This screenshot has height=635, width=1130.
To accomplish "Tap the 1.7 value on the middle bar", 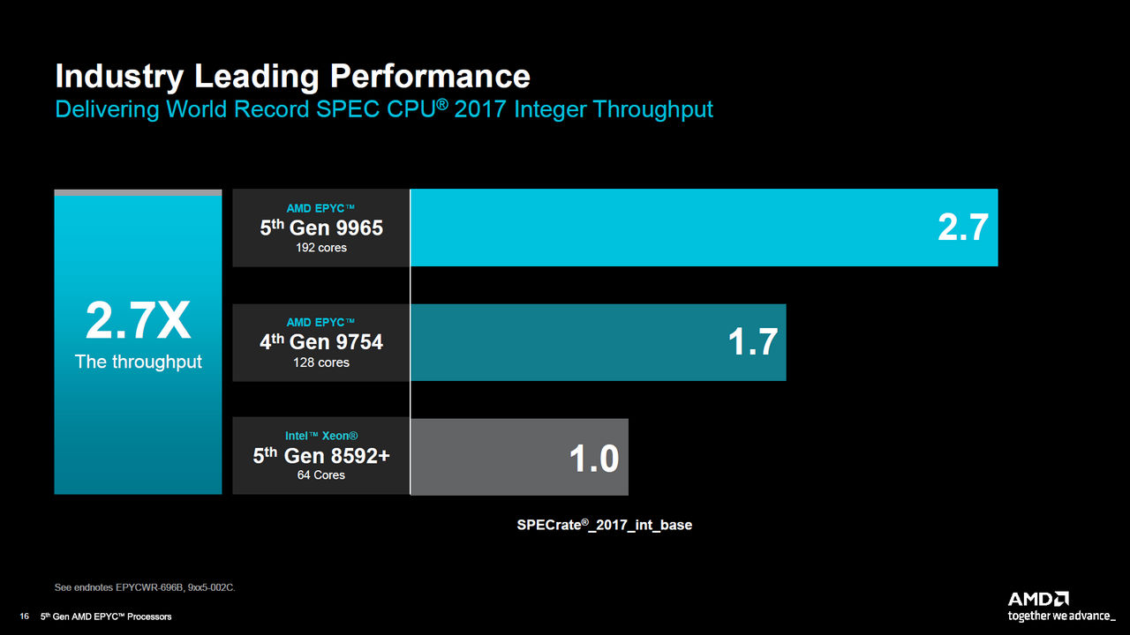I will [752, 342].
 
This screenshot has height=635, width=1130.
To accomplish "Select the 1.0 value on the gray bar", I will [594, 458].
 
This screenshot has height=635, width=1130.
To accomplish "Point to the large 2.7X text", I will [138, 323].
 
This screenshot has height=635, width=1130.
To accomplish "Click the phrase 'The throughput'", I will [139, 362].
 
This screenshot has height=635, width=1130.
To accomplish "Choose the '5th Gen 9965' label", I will [321, 228].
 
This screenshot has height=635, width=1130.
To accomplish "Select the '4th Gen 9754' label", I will [321, 342].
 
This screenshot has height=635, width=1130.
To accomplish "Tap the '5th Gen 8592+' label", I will [321, 456].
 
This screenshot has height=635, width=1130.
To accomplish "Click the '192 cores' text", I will [321, 248].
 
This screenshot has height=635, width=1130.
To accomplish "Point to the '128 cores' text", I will [321, 362].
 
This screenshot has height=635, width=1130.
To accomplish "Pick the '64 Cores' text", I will [321, 475].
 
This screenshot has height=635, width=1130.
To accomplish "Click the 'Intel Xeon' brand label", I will [321, 436].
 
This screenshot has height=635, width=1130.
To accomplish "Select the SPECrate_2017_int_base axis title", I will [604, 525].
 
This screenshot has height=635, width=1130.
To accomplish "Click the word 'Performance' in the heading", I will [430, 77].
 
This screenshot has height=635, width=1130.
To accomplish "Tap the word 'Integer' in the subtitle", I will [550, 109].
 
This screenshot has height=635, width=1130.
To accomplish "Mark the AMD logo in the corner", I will [1039, 599].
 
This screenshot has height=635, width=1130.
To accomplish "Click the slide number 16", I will [25, 616].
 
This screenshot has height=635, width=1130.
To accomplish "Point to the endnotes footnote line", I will [145, 587].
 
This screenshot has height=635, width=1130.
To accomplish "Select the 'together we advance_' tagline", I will [1062, 616].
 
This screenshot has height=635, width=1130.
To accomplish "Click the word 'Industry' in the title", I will [120, 77].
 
